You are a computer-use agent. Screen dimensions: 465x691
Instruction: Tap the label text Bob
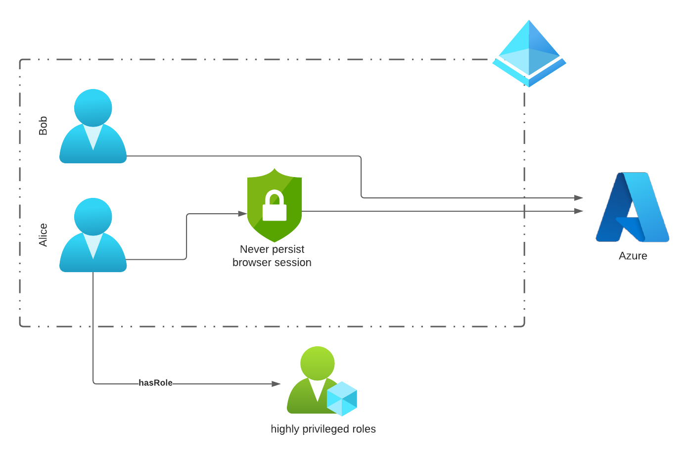[43, 126]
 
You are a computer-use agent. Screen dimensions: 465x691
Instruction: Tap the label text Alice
[43, 235]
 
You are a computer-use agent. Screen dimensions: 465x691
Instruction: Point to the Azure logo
[632, 207]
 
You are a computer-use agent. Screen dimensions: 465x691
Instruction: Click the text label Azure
[633, 256]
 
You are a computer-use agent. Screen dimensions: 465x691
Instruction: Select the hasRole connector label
[155, 383]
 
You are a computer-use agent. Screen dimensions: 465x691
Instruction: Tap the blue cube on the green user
[342, 399]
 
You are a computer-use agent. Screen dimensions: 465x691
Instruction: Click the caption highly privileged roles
[323, 429]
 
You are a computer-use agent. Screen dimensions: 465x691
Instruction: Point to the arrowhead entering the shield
[242, 214]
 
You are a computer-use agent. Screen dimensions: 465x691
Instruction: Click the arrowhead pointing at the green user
[276, 383]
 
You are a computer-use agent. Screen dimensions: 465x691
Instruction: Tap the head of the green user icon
[318, 363]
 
